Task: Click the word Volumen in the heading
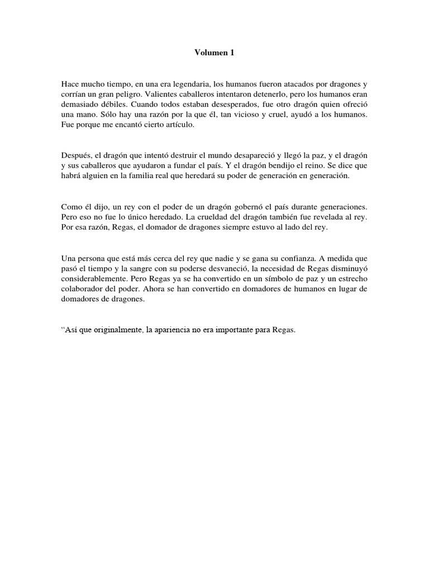click(x=209, y=53)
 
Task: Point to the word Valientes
click(x=152, y=93)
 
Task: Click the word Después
click(x=76, y=154)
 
